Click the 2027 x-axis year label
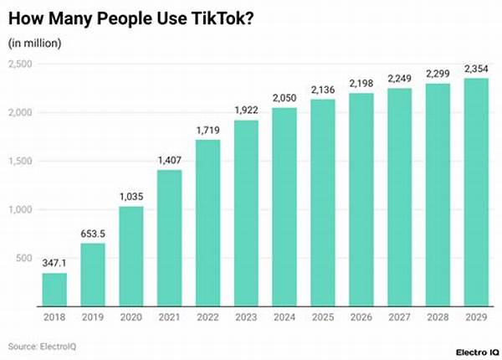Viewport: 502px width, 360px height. [398, 318]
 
